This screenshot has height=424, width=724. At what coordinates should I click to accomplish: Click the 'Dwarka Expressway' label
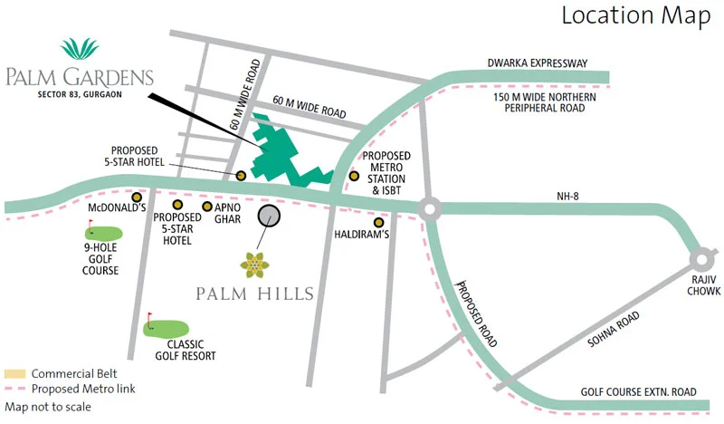coord(537,63)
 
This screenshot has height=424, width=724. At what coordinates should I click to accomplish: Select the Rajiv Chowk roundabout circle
coord(701,259)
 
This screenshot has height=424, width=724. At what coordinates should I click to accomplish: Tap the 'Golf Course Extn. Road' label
coord(639,392)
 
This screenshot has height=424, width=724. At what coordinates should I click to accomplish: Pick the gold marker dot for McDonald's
coord(137,197)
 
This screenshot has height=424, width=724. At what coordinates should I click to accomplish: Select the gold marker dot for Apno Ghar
coord(207,207)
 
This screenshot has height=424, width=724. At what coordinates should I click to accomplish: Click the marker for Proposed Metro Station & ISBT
coord(354,175)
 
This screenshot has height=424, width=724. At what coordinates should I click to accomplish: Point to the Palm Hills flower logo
coord(255,265)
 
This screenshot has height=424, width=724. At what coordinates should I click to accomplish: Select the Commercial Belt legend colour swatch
coord(15,373)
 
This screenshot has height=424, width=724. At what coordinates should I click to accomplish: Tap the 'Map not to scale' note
coord(48,407)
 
